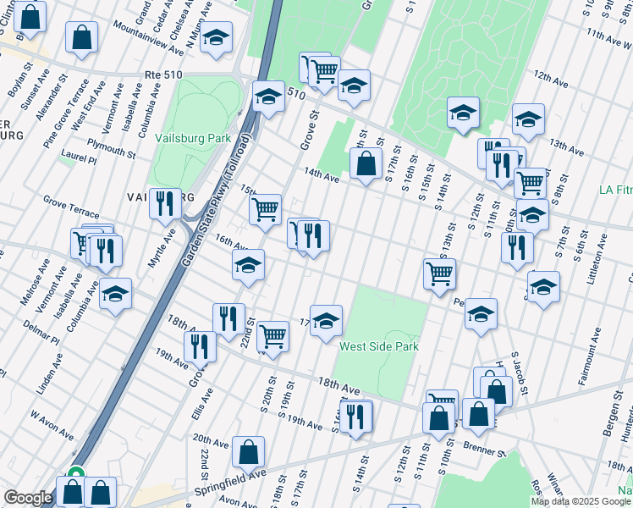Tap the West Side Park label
click(379, 346)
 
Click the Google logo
click(28, 498)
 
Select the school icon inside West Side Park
click(326, 320)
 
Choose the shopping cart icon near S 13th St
click(440, 273)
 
